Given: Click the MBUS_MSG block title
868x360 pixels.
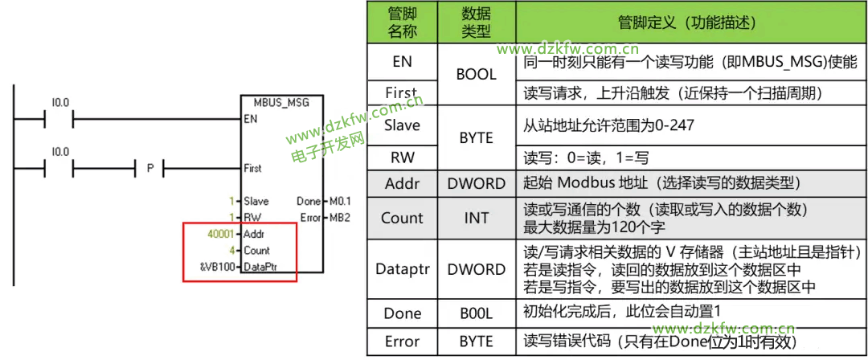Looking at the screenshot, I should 281,104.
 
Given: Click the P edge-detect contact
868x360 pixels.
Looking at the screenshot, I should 149,169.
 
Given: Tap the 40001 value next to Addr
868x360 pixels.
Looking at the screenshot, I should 221,235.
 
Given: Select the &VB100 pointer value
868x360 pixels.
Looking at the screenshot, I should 218,267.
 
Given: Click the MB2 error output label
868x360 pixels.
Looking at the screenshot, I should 339,218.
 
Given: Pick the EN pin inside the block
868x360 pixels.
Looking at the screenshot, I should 251,119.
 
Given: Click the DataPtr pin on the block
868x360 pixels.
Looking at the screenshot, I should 261,267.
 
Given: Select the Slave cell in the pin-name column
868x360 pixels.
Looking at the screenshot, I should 402,125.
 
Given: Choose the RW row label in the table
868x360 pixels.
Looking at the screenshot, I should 402,157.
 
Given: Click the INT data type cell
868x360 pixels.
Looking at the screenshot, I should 476,218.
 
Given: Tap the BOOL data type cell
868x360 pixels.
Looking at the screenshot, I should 476,75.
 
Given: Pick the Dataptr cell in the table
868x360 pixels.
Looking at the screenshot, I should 402,269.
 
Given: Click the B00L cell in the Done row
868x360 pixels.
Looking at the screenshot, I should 476,313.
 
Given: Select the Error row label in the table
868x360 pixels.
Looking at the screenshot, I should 402,342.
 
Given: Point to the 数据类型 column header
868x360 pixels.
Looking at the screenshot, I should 476,22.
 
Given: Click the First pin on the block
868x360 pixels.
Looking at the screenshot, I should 252,169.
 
